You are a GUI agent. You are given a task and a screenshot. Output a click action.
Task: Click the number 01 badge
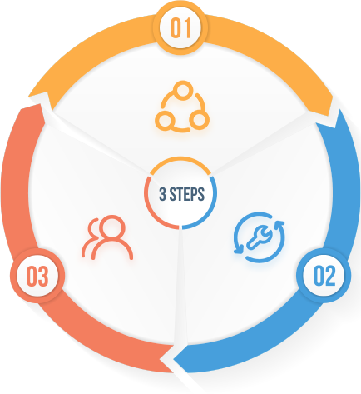point(180,27)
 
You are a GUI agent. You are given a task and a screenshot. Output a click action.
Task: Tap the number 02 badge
point(324,276)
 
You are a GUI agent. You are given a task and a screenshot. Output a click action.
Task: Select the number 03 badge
point(37,276)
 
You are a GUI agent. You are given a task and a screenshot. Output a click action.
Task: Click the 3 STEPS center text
point(181,194)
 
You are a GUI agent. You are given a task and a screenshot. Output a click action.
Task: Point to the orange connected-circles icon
point(182,107)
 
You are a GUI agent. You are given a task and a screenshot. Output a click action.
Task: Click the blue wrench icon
point(260,237)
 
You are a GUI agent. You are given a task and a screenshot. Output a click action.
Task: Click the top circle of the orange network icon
point(183,90)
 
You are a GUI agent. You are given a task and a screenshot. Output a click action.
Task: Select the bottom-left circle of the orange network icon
point(165,120)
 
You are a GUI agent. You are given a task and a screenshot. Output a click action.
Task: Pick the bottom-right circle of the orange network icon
point(199,120)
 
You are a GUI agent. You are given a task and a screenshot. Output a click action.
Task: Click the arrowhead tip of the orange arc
point(329,116)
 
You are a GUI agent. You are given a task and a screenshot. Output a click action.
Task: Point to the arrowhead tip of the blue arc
point(174,360)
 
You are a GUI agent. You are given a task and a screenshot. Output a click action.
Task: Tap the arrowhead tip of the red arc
point(42,104)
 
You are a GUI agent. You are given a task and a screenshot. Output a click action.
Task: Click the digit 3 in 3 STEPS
point(162,194)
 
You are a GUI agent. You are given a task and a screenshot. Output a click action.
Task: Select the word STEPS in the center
point(187,194)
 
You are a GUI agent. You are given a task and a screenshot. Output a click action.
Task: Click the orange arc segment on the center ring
point(180,158)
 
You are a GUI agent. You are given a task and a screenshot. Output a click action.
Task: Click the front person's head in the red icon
point(112,227)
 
